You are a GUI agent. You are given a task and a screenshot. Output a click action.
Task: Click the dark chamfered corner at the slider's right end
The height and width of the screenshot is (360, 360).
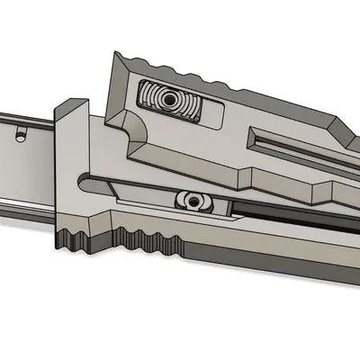tap(346, 135)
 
